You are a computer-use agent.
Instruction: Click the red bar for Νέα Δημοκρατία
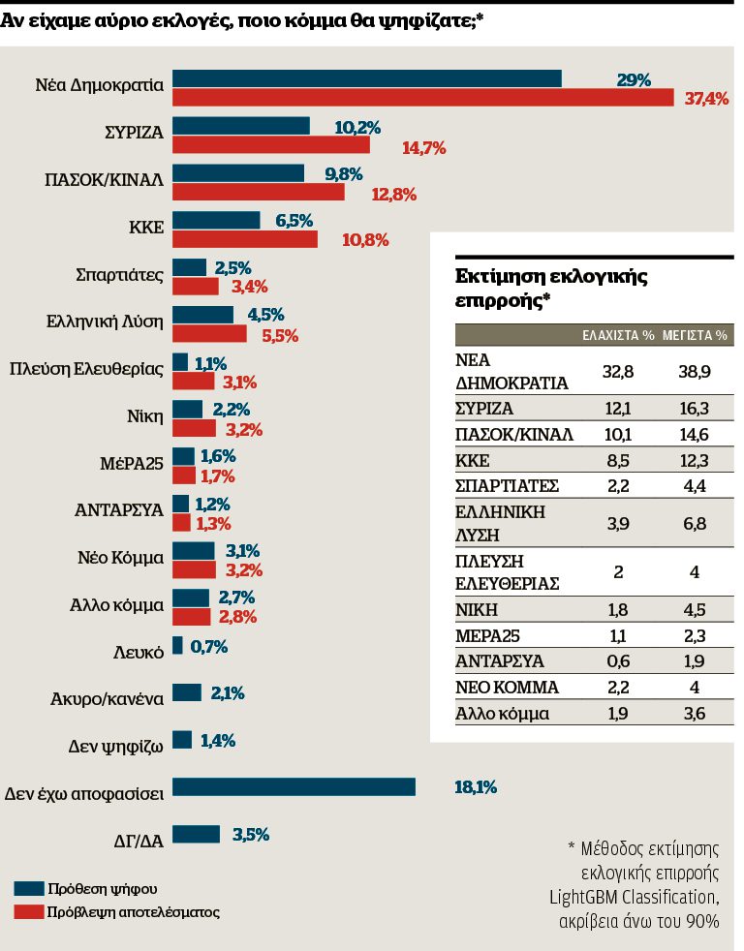coord(423,97)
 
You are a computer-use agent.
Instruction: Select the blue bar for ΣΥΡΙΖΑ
coord(241,126)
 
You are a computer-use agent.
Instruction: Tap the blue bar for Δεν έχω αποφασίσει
coord(294,786)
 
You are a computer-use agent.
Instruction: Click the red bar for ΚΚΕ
coord(245,239)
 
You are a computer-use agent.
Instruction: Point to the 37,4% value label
coord(706,98)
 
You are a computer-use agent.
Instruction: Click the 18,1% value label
coord(476,787)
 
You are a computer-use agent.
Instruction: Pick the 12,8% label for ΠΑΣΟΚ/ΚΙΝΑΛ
coord(394,194)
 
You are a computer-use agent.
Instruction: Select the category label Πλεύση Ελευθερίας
coord(87,369)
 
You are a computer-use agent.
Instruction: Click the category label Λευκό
coord(139,652)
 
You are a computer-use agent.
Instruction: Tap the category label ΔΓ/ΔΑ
coord(139,841)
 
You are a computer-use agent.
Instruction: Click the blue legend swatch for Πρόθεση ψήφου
coord(29,888)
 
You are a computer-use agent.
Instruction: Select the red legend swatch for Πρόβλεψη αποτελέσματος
coord(29,911)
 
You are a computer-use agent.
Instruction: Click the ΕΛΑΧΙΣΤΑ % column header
coord(618,335)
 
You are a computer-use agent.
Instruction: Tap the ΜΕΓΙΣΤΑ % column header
coord(695,335)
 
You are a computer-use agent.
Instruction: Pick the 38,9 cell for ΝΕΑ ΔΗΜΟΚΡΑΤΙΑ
coord(695,371)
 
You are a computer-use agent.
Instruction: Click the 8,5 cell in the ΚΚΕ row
coord(618,460)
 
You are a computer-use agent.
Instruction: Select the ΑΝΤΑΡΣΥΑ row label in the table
coord(500,661)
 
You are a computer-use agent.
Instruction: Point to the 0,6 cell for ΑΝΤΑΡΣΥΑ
coord(618,661)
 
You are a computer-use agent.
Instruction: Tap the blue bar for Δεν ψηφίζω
coord(182,740)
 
